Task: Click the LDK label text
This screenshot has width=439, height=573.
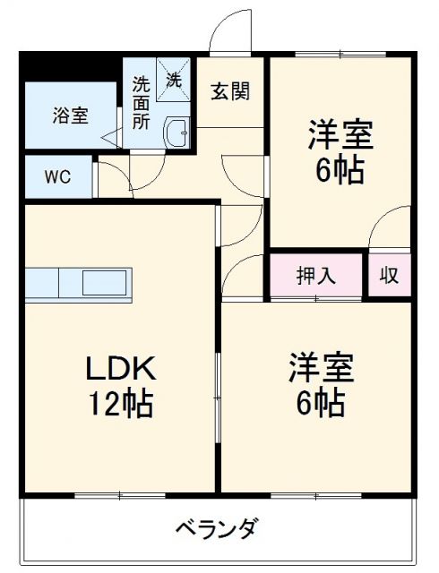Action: click(122, 368)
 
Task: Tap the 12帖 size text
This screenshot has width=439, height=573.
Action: click(120, 404)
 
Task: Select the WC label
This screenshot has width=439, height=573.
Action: click(57, 176)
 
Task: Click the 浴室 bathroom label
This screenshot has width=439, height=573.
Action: click(70, 115)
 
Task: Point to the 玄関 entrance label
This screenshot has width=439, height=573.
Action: click(230, 90)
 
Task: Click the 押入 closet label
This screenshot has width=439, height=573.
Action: click(317, 275)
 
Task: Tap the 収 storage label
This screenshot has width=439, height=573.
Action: click(390, 275)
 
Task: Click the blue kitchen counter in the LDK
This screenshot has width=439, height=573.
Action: click(79, 283)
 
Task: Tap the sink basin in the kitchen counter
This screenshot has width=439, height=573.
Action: click(106, 283)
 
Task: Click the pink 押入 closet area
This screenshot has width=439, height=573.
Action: click(317, 275)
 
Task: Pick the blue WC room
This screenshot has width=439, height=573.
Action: click(57, 176)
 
